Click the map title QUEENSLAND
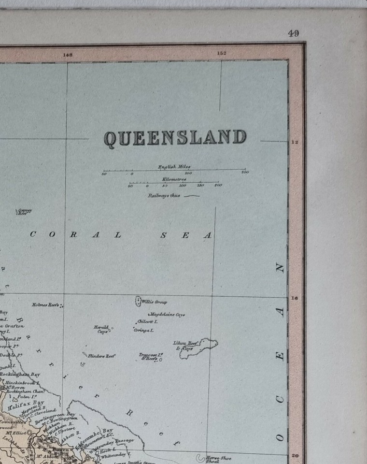175,138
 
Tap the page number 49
293,33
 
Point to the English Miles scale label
174,167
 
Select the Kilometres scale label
174,179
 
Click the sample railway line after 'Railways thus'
192,196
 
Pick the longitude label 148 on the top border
68,55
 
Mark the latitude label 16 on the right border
294,299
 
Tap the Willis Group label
154,302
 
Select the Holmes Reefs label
45,305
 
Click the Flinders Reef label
101,356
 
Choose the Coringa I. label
144,331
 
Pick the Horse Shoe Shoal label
218,459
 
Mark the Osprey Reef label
22,212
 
